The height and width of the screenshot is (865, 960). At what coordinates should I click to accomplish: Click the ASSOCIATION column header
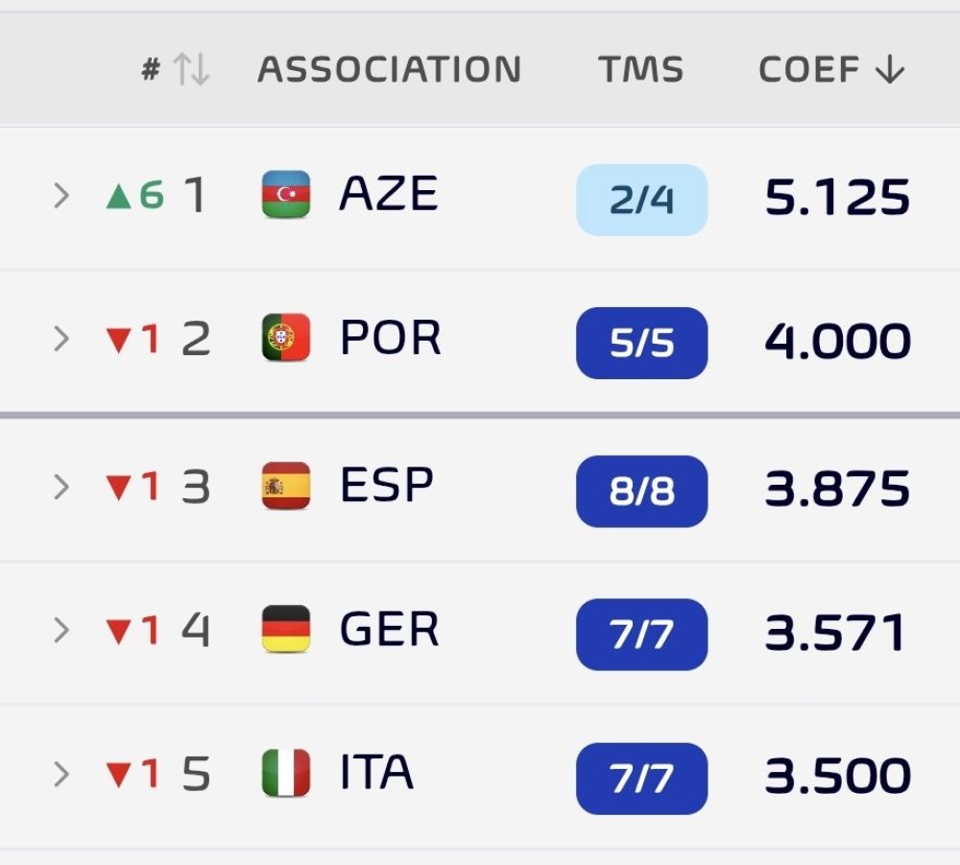click(390, 68)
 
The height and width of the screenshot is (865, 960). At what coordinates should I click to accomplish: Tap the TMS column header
click(640, 68)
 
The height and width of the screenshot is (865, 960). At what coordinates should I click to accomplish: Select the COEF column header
click(831, 68)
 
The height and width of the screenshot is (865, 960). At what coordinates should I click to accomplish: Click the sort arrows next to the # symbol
click(192, 68)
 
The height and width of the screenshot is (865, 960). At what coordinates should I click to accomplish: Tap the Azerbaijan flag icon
click(286, 194)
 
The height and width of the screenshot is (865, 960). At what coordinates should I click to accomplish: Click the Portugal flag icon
click(286, 337)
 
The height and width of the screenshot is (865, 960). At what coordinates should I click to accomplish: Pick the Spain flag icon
click(286, 486)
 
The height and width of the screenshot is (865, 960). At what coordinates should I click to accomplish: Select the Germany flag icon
click(286, 629)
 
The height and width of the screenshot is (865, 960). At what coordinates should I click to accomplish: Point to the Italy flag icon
click(286, 773)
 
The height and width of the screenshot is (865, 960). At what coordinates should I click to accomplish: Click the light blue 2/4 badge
click(641, 200)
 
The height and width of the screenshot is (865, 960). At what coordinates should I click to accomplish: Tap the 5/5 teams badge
click(641, 343)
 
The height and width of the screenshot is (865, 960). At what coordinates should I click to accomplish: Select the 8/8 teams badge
click(641, 491)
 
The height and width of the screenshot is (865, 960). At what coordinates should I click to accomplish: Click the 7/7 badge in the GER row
click(641, 635)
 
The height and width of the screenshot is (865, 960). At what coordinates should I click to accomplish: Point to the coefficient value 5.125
click(837, 197)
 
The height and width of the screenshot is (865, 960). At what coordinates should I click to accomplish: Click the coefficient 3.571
click(835, 632)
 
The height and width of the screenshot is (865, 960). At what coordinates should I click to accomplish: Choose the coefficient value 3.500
click(837, 776)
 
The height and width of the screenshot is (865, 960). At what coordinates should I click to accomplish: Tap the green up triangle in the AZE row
click(119, 197)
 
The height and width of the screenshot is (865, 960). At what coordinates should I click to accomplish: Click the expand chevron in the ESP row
click(61, 487)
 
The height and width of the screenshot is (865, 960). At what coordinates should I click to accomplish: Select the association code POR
click(390, 337)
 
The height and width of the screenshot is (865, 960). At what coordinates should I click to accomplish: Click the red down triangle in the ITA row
click(119, 775)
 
